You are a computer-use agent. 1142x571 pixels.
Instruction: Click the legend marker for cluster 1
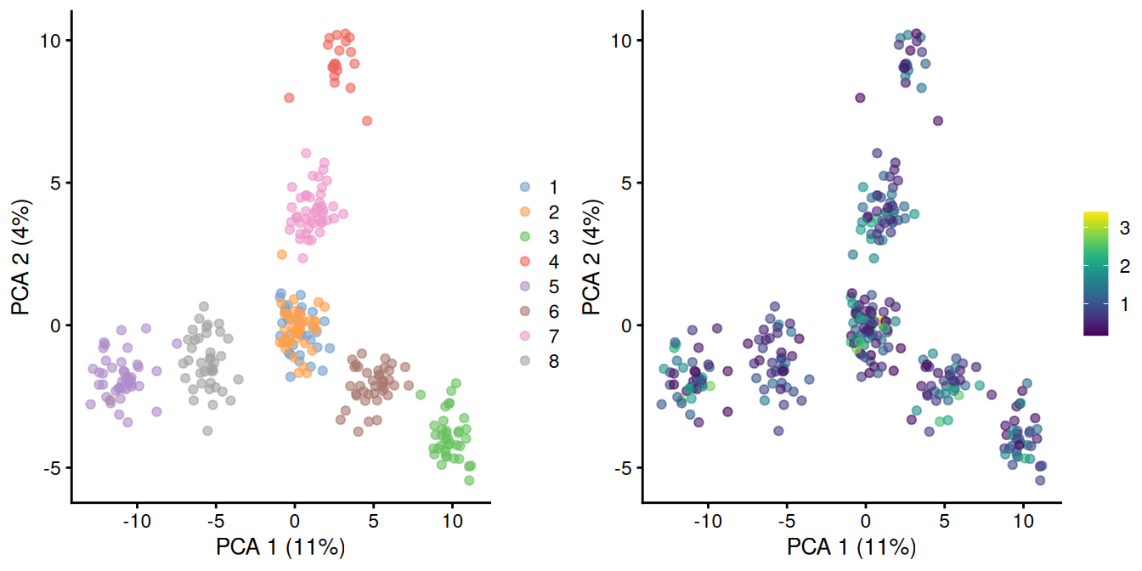[525, 187]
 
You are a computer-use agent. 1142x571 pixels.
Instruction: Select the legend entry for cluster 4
[525, 261]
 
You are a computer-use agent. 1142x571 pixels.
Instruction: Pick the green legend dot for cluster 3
[525, 236]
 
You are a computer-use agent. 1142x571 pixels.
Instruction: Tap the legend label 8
[554, 361]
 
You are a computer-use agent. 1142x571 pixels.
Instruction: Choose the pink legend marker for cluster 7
[525, 336]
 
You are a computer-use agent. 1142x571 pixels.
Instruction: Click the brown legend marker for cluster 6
[525, 311]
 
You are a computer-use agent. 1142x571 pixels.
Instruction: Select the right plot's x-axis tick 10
[1023, 518]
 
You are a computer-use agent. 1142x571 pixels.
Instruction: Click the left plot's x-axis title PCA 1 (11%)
[281, 546]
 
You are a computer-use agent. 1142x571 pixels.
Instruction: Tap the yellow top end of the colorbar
[1096, 215]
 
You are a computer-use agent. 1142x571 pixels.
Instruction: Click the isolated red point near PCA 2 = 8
[289, 98]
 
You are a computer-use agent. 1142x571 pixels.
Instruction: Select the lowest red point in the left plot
[367, 121]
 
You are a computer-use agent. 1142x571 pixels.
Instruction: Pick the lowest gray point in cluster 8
[207, 431]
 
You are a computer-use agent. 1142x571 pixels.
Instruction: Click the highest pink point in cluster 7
[306, 153]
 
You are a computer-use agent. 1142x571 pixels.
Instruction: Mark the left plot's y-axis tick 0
[54, 325]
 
